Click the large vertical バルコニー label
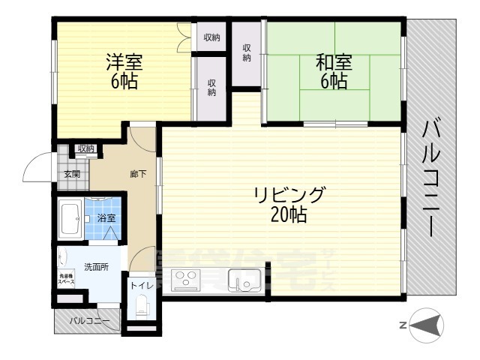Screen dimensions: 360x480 [x=432, y=177]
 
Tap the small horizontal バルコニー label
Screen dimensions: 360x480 [x=89, y=322]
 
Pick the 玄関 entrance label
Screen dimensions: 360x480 [x=71, y=174]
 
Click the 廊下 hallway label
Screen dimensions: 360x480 [x=138, y=174]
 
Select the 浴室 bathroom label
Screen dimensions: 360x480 [x=106, y=218]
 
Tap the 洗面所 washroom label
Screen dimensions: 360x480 [x=95, y=266]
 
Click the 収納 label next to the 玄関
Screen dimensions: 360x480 [x=85, y=148]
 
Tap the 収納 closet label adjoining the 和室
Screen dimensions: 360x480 [x=246, y=52]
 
